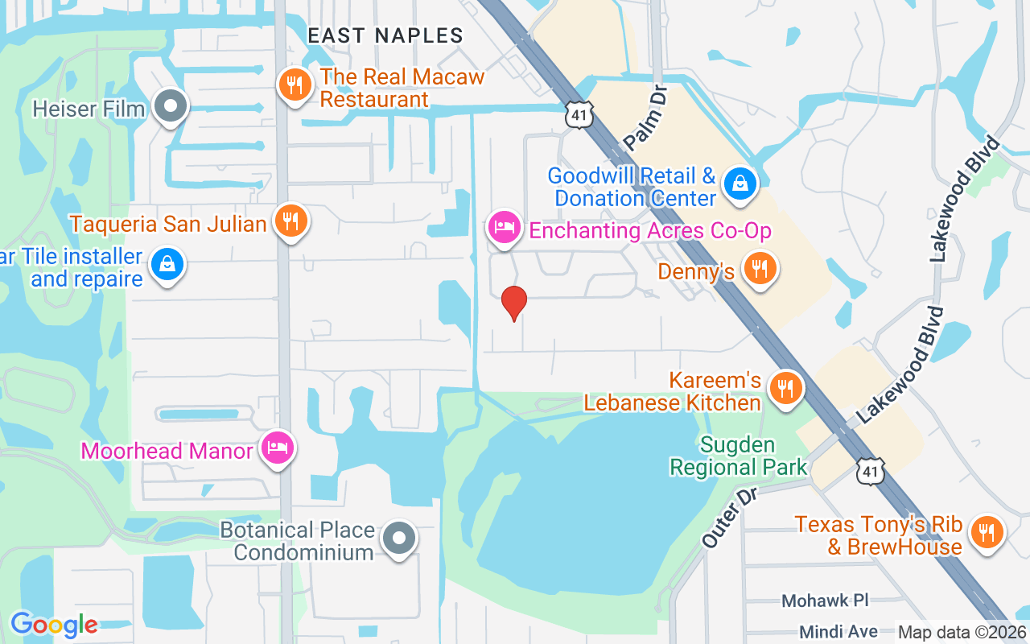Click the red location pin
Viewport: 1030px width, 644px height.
(514, 303)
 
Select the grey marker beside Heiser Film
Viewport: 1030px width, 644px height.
(170, 106)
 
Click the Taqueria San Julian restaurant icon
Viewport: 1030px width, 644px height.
(290, 220)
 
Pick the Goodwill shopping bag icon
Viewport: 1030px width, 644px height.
(738, 184)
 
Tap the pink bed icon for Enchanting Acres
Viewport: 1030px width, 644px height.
(504, 227)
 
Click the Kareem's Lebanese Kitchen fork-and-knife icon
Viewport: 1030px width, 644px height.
(785, 388)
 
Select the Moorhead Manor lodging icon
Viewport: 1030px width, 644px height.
(278, 448)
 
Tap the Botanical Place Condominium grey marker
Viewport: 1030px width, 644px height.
(398, 538)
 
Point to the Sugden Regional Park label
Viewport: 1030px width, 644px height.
(738, 456)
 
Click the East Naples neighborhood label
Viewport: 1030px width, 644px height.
(385, 35)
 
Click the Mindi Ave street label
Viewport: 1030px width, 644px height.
(838, 632)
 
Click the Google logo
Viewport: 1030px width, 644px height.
(54, 624)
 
